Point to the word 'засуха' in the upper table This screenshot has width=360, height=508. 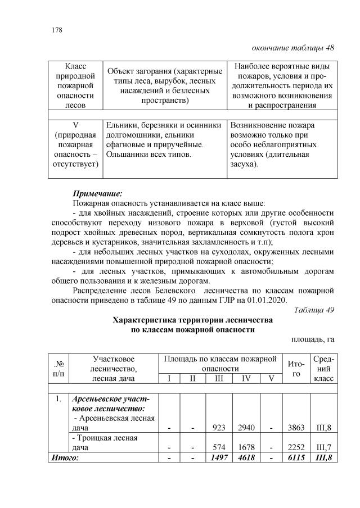tap(244, 164)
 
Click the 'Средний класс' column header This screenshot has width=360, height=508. tap(325, 368)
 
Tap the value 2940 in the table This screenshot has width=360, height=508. tap(246, 428)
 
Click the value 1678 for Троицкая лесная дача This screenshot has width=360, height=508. tap(246, 447)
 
